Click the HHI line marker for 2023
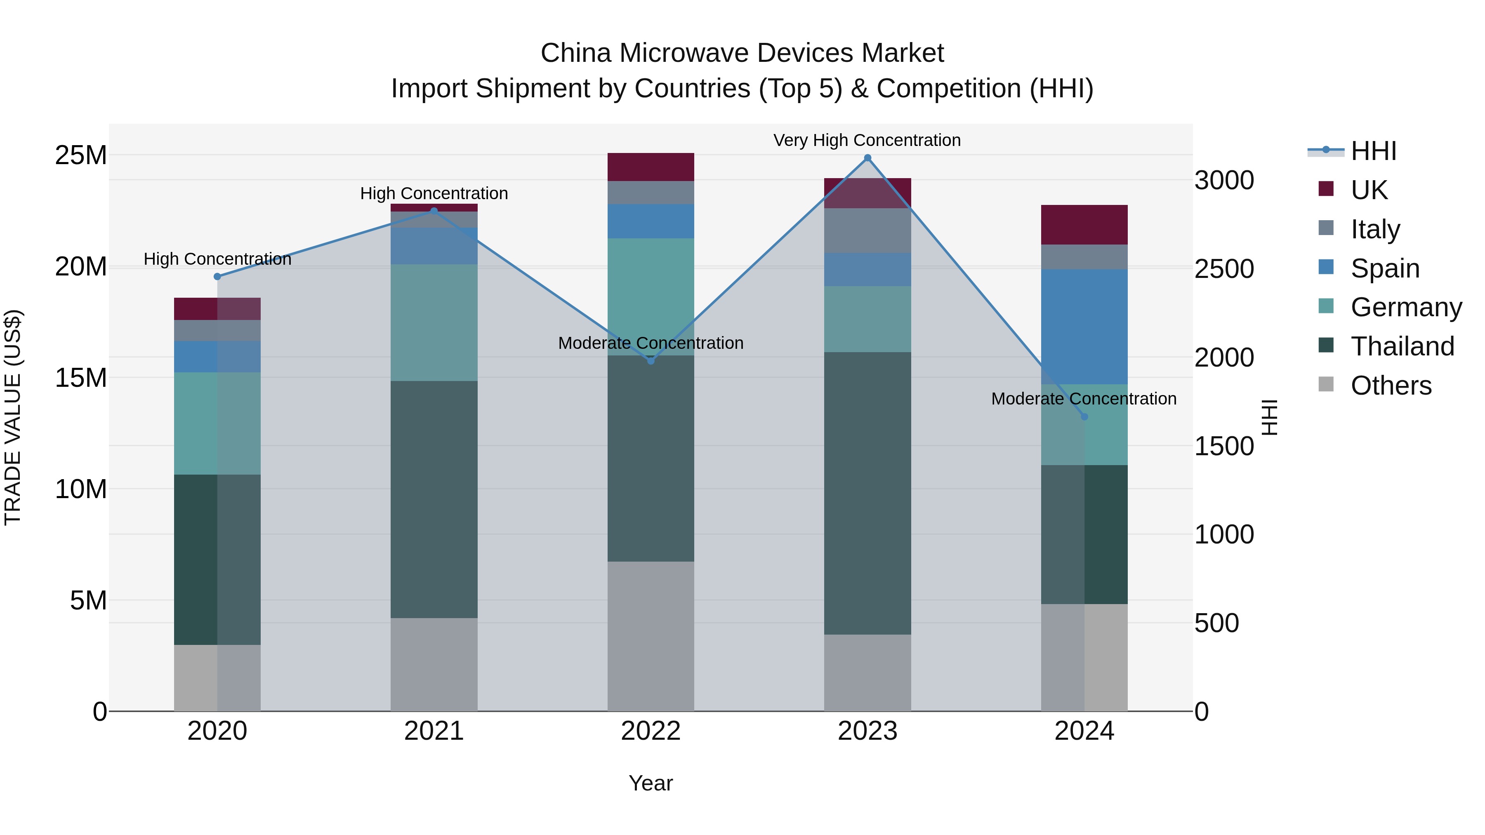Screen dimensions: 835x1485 click(867, 158)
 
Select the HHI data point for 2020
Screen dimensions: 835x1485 click(217, 277)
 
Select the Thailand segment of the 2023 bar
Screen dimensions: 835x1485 click(867, 493)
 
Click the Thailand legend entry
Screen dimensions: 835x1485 click(1402, 346)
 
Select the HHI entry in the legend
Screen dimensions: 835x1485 click(1373, 151)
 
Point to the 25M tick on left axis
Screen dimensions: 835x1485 click(81, 155)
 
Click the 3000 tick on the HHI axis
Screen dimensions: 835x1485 click(1224, 180)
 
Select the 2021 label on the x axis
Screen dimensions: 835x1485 click(434, 731)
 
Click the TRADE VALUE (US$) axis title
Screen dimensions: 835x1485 click(13, 417)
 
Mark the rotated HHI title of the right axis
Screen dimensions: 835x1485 click(1270, 417)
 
